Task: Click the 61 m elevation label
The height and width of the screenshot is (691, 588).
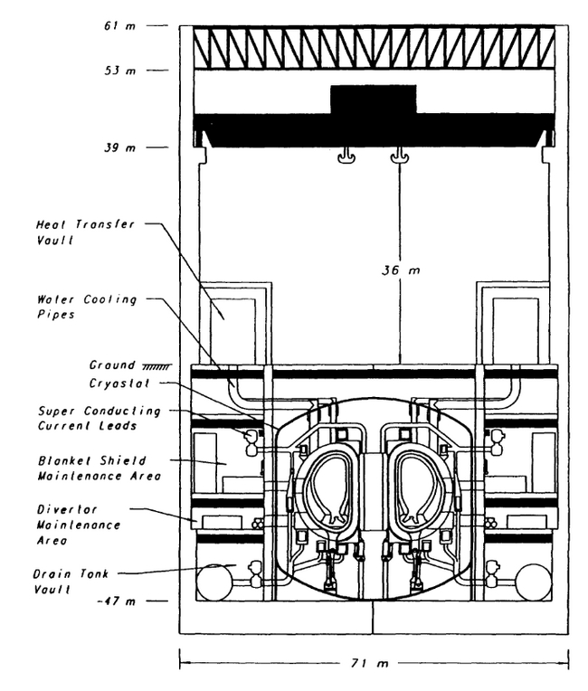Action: [x=120, y=26]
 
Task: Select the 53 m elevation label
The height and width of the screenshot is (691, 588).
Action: [x=120, y=71]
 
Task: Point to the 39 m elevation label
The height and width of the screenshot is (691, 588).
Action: [x=120, y=147]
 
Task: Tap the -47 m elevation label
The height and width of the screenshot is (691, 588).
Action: [x=117, y=601]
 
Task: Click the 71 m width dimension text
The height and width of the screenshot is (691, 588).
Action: [x=369, y=663]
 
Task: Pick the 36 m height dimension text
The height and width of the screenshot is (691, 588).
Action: [x=401, y=270]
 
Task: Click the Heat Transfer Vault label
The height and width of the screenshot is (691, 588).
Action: [x=85, y=232]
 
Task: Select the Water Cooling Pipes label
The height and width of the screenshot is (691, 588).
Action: [x=87, y=307]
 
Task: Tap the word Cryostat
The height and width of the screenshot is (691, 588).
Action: [x=119, y=383]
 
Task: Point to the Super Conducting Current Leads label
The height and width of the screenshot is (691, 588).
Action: [x=100, y=418]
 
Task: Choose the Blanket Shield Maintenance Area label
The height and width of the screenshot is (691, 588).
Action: [x=100, y=468]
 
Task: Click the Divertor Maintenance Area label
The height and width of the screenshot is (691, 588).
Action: [x=79, y=525]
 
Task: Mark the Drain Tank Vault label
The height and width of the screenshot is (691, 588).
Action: [x=71, y=582]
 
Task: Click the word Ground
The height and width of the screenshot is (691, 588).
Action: [x=112, y=364]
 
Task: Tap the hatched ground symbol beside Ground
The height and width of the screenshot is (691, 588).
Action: [x=156, y=366]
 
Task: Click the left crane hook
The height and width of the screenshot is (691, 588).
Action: [x=346, y=156]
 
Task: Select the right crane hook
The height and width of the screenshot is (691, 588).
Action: [x=400, y=156]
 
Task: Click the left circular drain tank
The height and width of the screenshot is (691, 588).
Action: [x=214, y=582]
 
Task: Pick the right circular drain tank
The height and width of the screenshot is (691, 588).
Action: [x=534, y=582]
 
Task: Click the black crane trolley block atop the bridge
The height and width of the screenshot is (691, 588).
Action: [x=374, y=99]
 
